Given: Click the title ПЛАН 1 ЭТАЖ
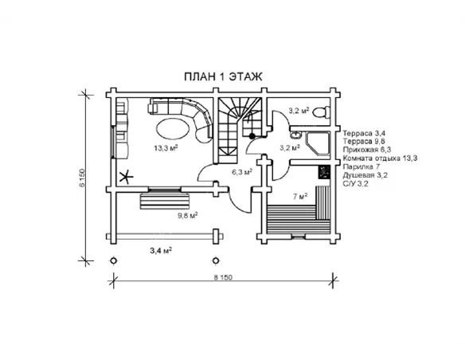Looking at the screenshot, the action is (223, 76).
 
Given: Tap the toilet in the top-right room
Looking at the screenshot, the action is (322, 112).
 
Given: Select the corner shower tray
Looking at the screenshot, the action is (318, 144).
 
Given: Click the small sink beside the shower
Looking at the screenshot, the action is (295, 135).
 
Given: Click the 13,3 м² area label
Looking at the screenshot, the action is (166, 147).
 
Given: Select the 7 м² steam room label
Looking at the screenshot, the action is (300, 196).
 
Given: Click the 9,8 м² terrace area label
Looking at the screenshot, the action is (188, 216).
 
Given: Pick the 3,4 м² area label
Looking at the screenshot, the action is (161, 251).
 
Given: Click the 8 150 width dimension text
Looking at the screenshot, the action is (223, 277).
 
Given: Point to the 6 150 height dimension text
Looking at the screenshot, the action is (82, 178).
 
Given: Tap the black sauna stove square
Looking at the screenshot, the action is (324, 172).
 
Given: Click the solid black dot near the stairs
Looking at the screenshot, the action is (252, 136).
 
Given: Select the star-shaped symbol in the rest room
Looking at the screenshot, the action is (126, 177).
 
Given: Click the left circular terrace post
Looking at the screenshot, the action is (114, 260).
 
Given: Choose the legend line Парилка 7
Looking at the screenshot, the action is (361, 166).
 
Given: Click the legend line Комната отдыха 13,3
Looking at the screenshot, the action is (380, 158).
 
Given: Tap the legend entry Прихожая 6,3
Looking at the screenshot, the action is (367, 150).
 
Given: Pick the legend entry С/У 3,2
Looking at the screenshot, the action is (356, 184).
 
